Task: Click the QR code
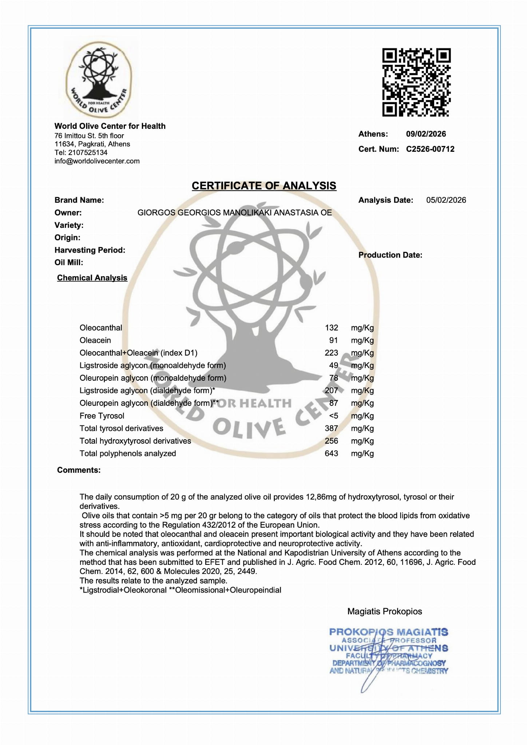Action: pos(416,82)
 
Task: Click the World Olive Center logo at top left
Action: pos(98,79)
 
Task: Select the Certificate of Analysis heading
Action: pos(264,186)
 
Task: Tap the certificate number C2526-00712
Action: pos(430,149)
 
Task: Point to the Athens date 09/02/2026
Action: pos(426,134)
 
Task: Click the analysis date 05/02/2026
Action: pos(446,200)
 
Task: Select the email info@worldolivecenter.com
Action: pos(97,161)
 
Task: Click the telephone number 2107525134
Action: pos(88,152)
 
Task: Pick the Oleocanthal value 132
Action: pos(331,328)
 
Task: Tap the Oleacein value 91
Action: pos(333,340)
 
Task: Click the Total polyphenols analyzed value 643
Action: pos(331,453)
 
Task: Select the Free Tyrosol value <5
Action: pos(333,416)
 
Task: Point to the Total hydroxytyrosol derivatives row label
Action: pos(135,441)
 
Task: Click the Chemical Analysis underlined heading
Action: pos(92,278)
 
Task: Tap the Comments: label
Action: pos(79,470)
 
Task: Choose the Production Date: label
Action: pos(390,255)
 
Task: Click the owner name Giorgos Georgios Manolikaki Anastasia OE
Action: pos(234,213)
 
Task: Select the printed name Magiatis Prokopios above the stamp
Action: pos(385,611)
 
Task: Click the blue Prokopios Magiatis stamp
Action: pos(388,651)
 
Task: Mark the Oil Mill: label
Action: pos(69,262)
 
